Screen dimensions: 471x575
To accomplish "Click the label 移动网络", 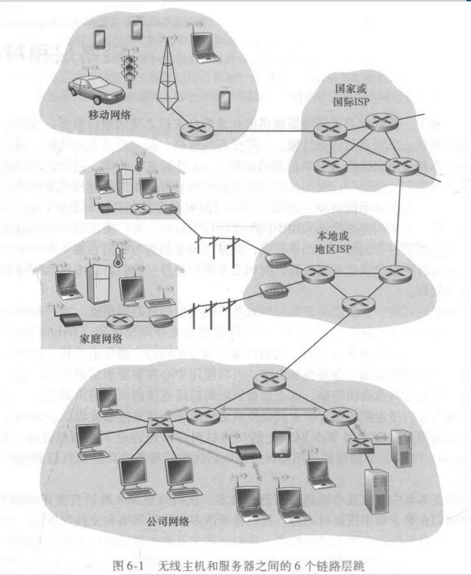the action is [x=109, y=116].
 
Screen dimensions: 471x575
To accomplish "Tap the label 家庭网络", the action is [x=101, y=339].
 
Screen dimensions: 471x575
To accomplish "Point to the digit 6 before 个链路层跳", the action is [x=292, y=564].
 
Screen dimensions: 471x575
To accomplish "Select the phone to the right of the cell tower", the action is [x=225, y=100].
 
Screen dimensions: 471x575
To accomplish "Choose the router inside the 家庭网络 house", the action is [x=119, y=320].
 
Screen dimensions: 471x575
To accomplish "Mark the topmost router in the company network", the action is [x=265, y=383].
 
